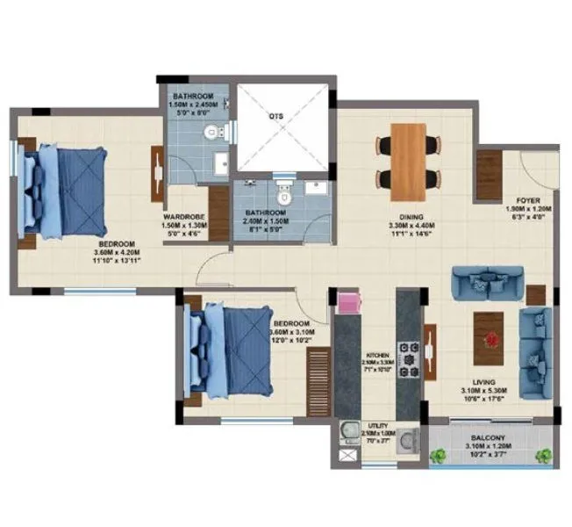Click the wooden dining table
click(x=408, y=161)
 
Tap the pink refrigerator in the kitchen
click(x=349, y=304)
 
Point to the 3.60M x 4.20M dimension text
click(x=116, y=253)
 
